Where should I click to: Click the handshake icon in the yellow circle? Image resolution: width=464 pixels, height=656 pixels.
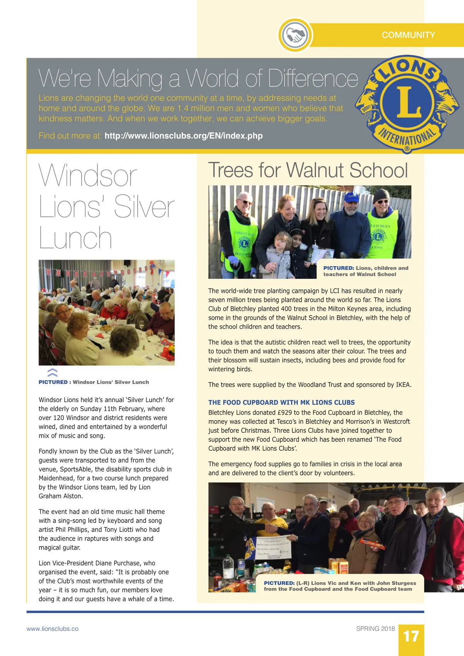[295, 35]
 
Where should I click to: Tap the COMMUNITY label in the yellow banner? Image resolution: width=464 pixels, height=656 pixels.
[408, 35]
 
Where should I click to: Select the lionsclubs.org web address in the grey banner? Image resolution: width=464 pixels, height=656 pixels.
[183, 136]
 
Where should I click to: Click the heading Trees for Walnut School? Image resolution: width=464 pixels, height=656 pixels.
[308, 170]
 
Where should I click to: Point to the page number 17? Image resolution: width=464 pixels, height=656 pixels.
[411, 637]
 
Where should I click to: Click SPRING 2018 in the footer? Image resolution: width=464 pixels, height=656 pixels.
[375, 629]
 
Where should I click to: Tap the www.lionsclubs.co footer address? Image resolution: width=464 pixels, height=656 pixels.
[52, 629]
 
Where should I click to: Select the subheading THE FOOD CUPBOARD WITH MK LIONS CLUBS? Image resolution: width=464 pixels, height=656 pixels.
[281, 402]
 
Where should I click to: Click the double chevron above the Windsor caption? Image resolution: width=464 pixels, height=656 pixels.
[52, 372]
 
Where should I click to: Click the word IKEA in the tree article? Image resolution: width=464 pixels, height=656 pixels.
[403, 385]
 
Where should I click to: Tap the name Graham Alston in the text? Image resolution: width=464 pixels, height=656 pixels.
[61, 496]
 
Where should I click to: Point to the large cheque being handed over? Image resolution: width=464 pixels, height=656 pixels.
[273, 546]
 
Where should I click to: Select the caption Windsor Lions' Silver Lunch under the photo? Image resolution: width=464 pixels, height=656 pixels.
[111, 382]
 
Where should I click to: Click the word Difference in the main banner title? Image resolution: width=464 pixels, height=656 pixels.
[313, 79]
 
